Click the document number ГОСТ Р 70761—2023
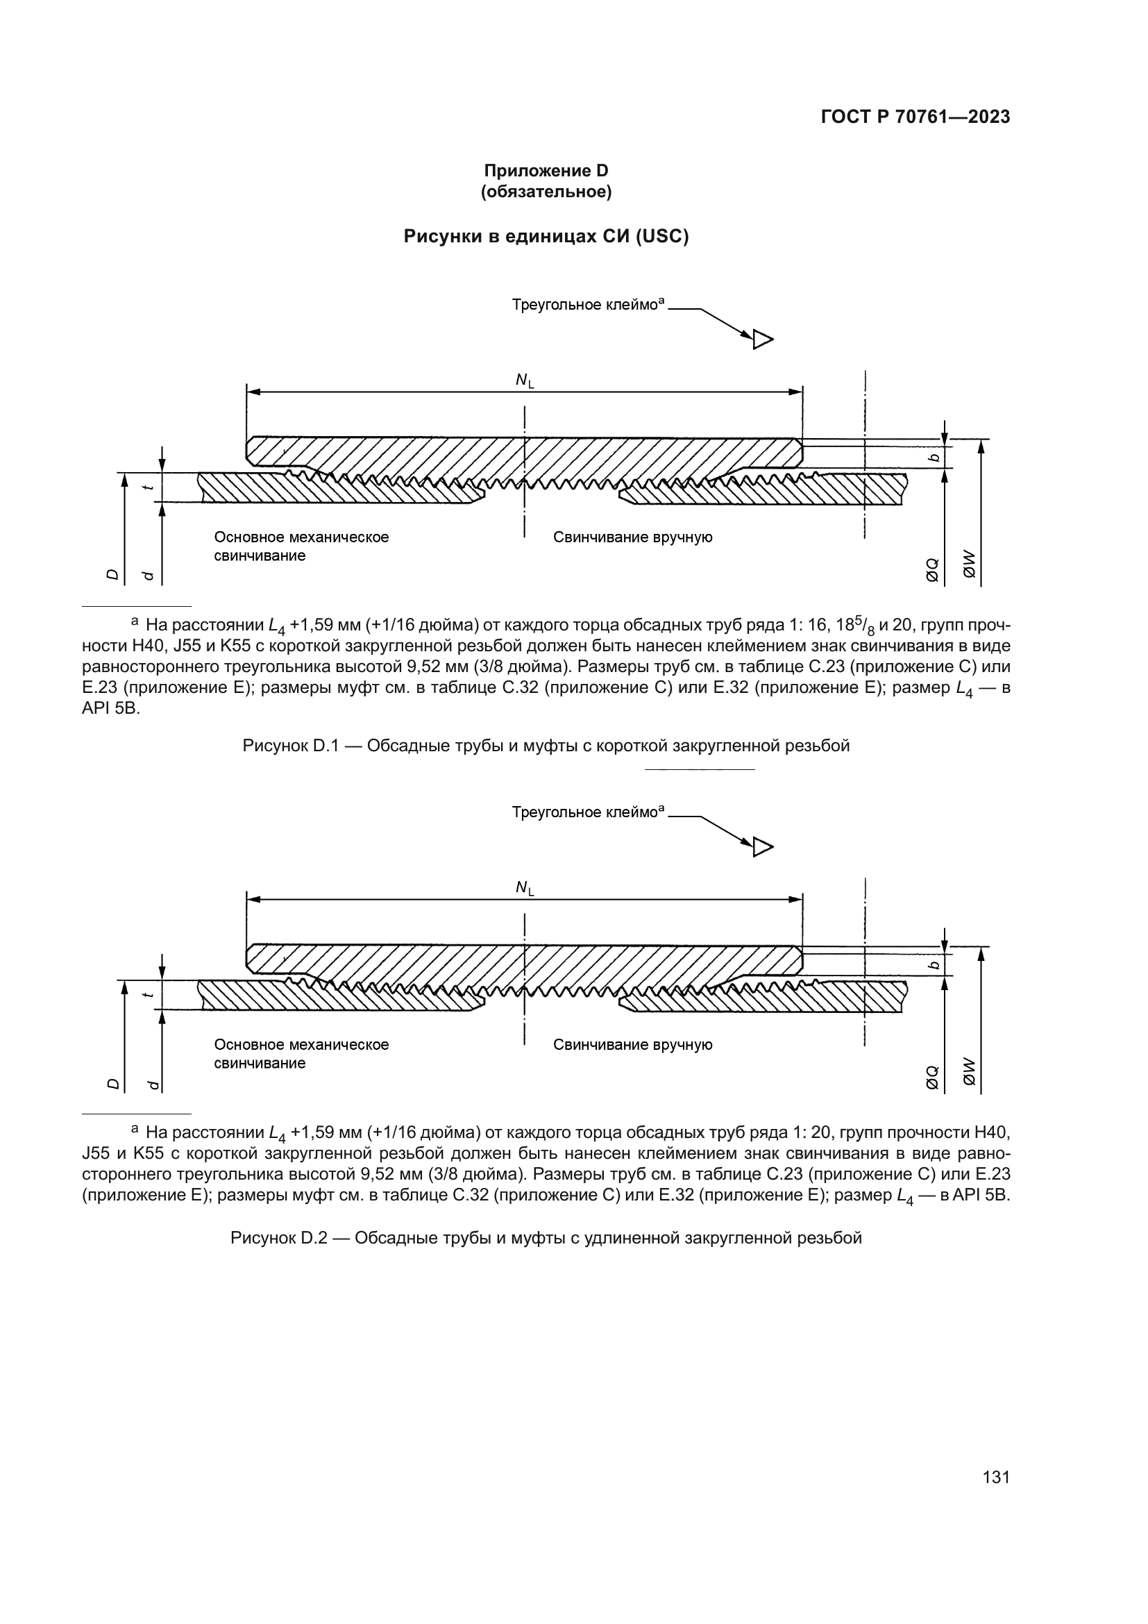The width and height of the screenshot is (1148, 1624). coord(915,117)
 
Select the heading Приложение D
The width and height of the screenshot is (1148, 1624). coord(546,171)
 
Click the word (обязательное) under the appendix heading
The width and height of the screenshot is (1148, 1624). coord(546,192)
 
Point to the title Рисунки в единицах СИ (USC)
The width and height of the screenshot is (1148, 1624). coord(546,236)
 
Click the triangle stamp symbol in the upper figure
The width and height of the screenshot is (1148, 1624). coord(762,340)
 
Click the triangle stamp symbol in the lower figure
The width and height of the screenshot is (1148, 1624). coord(762,846)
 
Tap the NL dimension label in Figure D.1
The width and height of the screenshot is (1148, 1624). coord(525,381)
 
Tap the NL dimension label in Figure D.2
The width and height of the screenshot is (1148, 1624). coord(525,889)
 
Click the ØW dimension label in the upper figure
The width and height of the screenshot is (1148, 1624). coord(969,565)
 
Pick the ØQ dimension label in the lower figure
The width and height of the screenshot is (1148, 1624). coord(932,1078)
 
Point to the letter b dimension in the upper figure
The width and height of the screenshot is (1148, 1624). coord(934,458)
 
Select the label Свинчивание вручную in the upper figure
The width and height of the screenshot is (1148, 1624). coord(633,537)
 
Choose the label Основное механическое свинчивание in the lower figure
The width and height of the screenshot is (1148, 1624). coord(301,1054)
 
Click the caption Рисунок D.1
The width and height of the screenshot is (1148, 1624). coord(546,746)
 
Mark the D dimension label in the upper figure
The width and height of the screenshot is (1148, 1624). coord(112,574)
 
